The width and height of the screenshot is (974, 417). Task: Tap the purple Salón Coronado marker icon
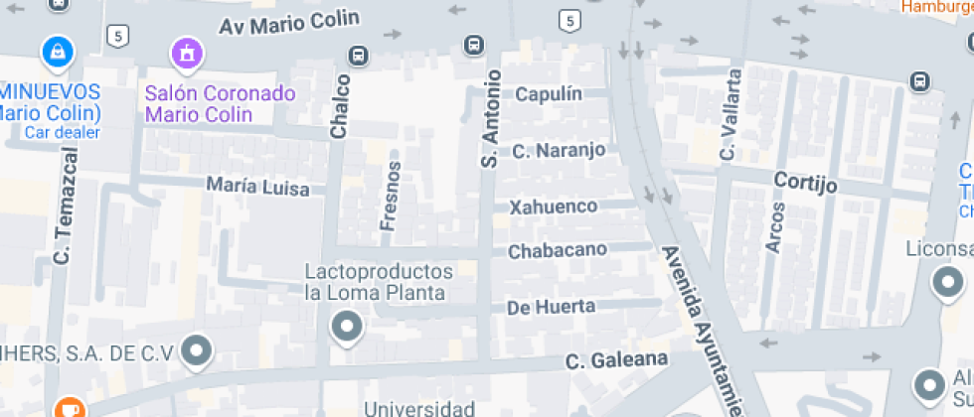click(185, 52)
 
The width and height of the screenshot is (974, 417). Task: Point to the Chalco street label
click(341, 106)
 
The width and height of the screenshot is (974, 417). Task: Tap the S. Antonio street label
click(489, 117)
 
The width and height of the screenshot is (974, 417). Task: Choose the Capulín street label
click(561, 93)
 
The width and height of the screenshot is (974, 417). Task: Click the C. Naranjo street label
click(559, 151)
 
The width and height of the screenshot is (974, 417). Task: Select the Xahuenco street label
click(554, 208)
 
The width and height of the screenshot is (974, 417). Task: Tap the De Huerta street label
click(551, 308)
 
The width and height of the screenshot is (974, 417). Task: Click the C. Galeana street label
click(615, 359)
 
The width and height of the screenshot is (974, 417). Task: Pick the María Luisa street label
click(257, 186)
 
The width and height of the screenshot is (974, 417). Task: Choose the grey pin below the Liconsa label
click(945, 284)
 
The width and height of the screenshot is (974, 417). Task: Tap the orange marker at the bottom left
click(68, 407)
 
